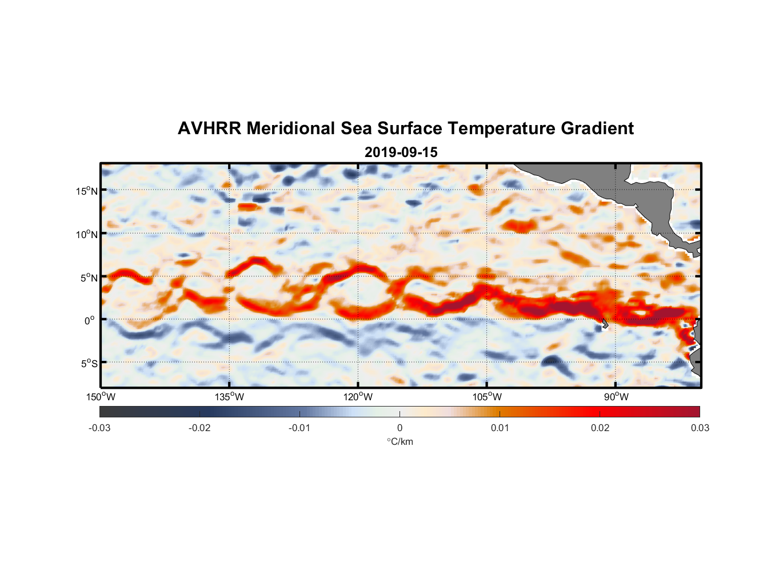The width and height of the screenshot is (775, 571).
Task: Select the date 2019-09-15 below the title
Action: click(x=401, y=152)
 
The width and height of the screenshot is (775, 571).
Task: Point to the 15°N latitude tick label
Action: click(x=87, y=191)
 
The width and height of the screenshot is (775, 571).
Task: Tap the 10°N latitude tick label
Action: click(x=87, y=234)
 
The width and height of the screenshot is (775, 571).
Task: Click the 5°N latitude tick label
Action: click(x=89, y=278)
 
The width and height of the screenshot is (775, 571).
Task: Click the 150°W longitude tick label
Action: click(x=101, y=397)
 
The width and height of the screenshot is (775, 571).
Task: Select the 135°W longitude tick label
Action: click(x=230, y=397)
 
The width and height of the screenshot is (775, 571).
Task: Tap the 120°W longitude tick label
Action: click(x=358, y=397)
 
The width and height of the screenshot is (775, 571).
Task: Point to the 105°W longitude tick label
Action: click(x=487, y=397)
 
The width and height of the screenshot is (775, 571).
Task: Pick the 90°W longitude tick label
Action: click(x=616, y=397)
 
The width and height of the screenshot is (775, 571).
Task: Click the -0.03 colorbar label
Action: click(x=99, y=428)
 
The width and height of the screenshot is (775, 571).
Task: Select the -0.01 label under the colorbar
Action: click(x=299, y=428)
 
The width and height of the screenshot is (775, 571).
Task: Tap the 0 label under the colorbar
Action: click(x=400, y=428)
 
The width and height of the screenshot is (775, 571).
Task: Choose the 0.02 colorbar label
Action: click(x=600, y=428)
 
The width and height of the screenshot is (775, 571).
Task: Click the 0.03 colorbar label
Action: click(x=700, y=428)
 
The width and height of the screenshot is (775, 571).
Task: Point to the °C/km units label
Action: click(x=400, y=441)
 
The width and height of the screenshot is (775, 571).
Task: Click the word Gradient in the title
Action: click(x=597, y=128)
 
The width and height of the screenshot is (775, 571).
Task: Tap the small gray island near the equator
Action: click(x=604, y=324)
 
